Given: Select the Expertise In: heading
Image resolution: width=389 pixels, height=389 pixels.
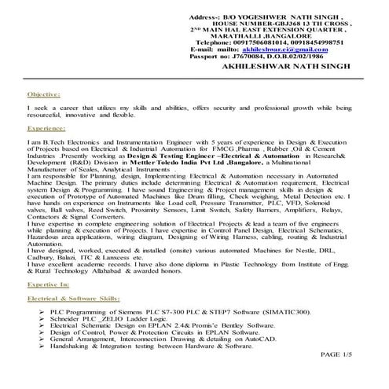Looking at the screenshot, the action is (47, 288).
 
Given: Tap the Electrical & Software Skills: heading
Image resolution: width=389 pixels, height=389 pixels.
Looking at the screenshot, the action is (74, 299).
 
